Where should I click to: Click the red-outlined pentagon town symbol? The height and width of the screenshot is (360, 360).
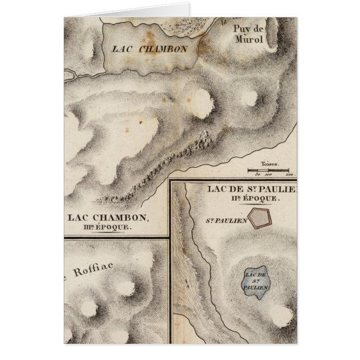pyautogui.click(x=259, y=218)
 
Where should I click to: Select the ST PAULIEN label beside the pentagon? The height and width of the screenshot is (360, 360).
pyautogui.click(x=226, y=220)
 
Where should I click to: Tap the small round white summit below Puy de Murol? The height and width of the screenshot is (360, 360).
pyautogui.click(x=249, y=98)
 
